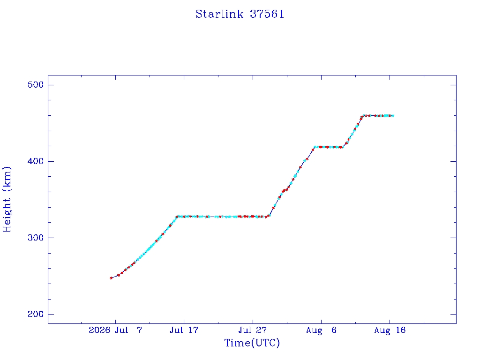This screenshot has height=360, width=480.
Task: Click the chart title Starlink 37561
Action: pos(240,14)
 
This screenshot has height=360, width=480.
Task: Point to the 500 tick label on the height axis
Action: pos(36,84)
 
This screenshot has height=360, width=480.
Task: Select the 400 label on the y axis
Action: pos(36,161)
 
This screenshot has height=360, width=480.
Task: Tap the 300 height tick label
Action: pos(36,238)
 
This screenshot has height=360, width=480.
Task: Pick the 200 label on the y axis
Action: pos(36,314)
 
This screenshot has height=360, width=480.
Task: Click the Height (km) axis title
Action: pos(7,199)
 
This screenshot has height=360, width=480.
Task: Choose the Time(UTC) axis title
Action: pos(252,343)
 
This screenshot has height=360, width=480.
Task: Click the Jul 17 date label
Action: pos(184,330)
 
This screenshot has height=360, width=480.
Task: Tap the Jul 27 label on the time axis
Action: pos(253,330)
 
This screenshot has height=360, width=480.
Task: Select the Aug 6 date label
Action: pos(321,330)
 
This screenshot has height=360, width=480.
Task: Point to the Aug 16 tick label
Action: pos(390,330)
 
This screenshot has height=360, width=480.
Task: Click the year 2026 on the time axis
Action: pos(99,330)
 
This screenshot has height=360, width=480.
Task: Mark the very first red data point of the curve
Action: pos(111,278)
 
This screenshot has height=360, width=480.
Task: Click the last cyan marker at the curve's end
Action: pos(392,116)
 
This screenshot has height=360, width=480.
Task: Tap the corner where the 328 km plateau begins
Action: pos(177,217)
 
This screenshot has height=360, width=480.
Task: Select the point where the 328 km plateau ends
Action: pos(269,216)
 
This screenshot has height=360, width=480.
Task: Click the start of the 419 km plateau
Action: pos(315,147)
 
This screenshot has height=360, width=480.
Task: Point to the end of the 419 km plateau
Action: pos(343,147)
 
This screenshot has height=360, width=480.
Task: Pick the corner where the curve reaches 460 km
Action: pos(362,116)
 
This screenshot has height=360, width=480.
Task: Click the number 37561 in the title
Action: pos(267,14)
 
